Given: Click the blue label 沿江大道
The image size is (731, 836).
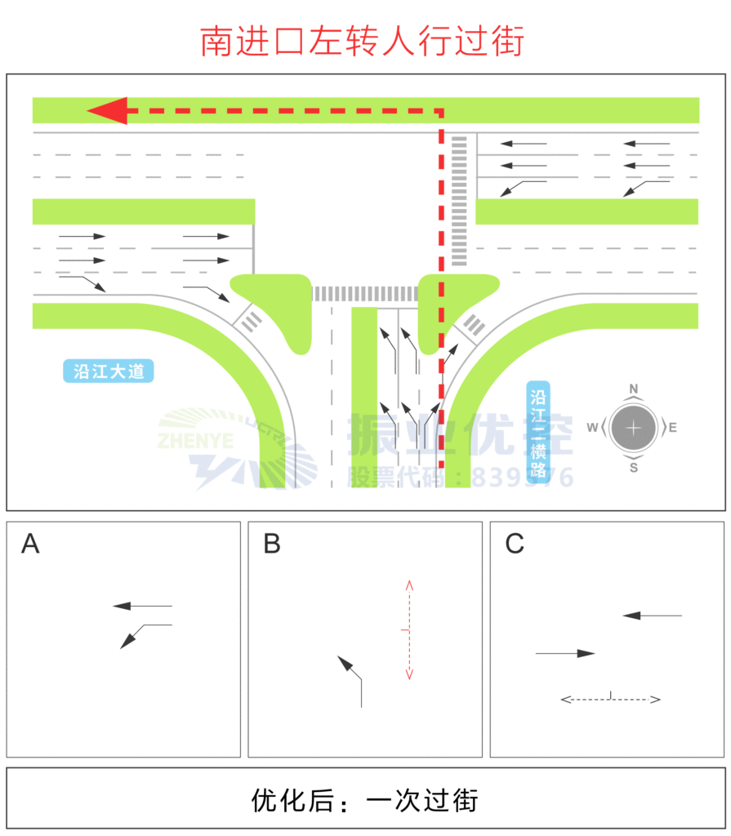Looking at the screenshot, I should click(109, 371).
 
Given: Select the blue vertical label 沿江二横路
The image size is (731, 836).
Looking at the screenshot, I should click(538, 434).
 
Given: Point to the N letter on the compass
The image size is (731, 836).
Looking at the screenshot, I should click(634, 389).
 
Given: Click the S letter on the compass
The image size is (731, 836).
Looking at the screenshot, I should click(634, 467).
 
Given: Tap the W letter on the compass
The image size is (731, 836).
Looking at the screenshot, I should click(591, 428).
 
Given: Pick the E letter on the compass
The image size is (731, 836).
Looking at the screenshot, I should click(673, 428).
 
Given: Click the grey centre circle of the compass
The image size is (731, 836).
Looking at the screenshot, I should click(634, 428).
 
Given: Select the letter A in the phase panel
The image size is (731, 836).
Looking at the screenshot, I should click(30, 544).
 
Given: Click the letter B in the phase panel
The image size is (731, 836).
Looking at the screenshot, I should click(272, 544).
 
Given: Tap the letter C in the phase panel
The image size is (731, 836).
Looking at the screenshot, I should click(515, 544).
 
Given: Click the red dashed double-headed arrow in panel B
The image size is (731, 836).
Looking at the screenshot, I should click(409, 629).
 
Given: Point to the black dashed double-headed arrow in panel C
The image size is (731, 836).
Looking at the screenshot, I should click(610, 699).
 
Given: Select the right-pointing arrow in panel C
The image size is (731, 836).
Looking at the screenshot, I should click(565, 653).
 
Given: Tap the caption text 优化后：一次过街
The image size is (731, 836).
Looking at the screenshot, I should click(364, 801).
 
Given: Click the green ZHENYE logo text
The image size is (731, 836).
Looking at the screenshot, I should click(197, 442).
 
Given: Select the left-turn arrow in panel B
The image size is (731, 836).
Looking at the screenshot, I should click(352, 678).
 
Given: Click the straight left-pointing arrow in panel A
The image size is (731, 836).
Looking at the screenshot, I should click(142, 606).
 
